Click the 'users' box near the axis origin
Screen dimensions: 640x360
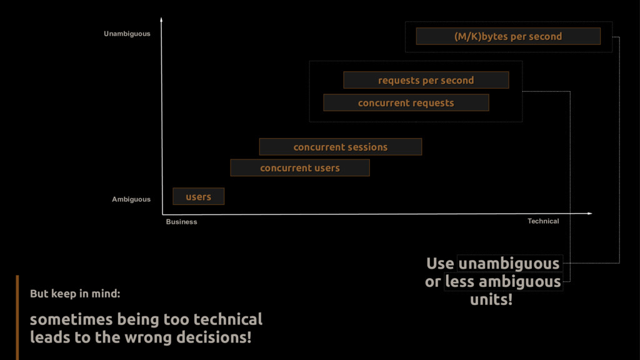point(198,197)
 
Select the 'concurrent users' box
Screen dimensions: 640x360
point(300,167)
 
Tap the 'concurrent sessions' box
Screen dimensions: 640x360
point(341,147)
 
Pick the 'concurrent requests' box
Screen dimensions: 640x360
point(406,102)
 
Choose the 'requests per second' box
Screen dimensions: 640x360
point(426,80)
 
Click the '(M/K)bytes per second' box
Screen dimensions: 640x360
point(508,36)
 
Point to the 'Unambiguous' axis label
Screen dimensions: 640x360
point(127,34)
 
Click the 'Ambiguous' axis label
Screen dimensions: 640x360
point(131,199)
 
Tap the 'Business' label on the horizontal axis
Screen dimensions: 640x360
point(181,222)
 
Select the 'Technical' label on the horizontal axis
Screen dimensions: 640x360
point(543,221)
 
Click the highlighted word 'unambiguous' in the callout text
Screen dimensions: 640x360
point(509,264)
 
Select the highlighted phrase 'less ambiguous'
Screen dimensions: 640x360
point(503,282)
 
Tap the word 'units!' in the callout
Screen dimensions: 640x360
point(491,299)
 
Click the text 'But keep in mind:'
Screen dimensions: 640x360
point(75,293)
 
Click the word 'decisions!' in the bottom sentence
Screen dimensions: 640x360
point(214,338)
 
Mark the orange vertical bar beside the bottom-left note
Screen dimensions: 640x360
point(17,317)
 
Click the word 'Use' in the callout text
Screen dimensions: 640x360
point(440,264)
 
